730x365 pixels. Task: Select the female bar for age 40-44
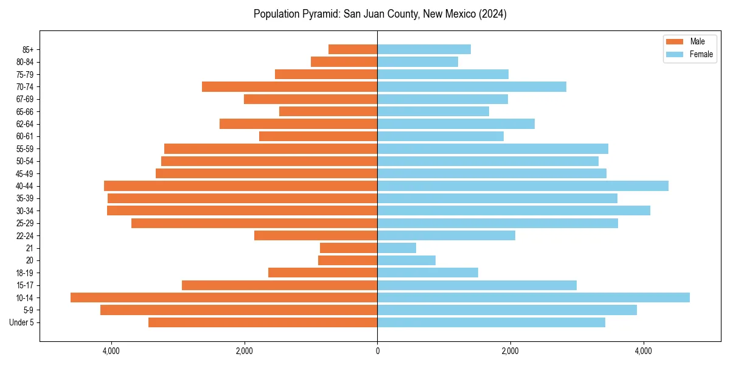coord(523,186)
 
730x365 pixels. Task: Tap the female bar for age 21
coord(397,248)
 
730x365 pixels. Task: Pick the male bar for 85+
coord(353,49)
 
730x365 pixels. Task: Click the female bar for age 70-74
coord(471,86)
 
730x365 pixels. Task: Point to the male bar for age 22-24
coord(316,235)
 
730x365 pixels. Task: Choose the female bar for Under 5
coord(491,322)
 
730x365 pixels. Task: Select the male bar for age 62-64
coord(298,123)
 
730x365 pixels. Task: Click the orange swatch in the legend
coord(675,41)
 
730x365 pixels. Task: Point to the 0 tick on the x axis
coord(377,351)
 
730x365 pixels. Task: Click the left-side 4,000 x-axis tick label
coord(111,351)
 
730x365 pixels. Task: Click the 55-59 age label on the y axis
coord(25,148)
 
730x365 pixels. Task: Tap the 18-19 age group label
coord(25,273)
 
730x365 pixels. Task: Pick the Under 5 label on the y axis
coord(22,322)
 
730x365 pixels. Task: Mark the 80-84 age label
coord(25,61)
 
